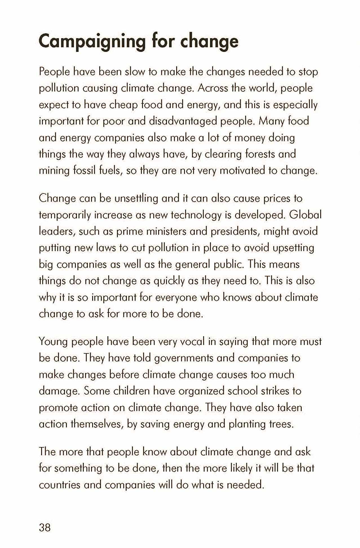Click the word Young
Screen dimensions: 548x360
point(53,342)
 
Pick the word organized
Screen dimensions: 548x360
point(201,391)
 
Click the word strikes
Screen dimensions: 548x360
point(275,391)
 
